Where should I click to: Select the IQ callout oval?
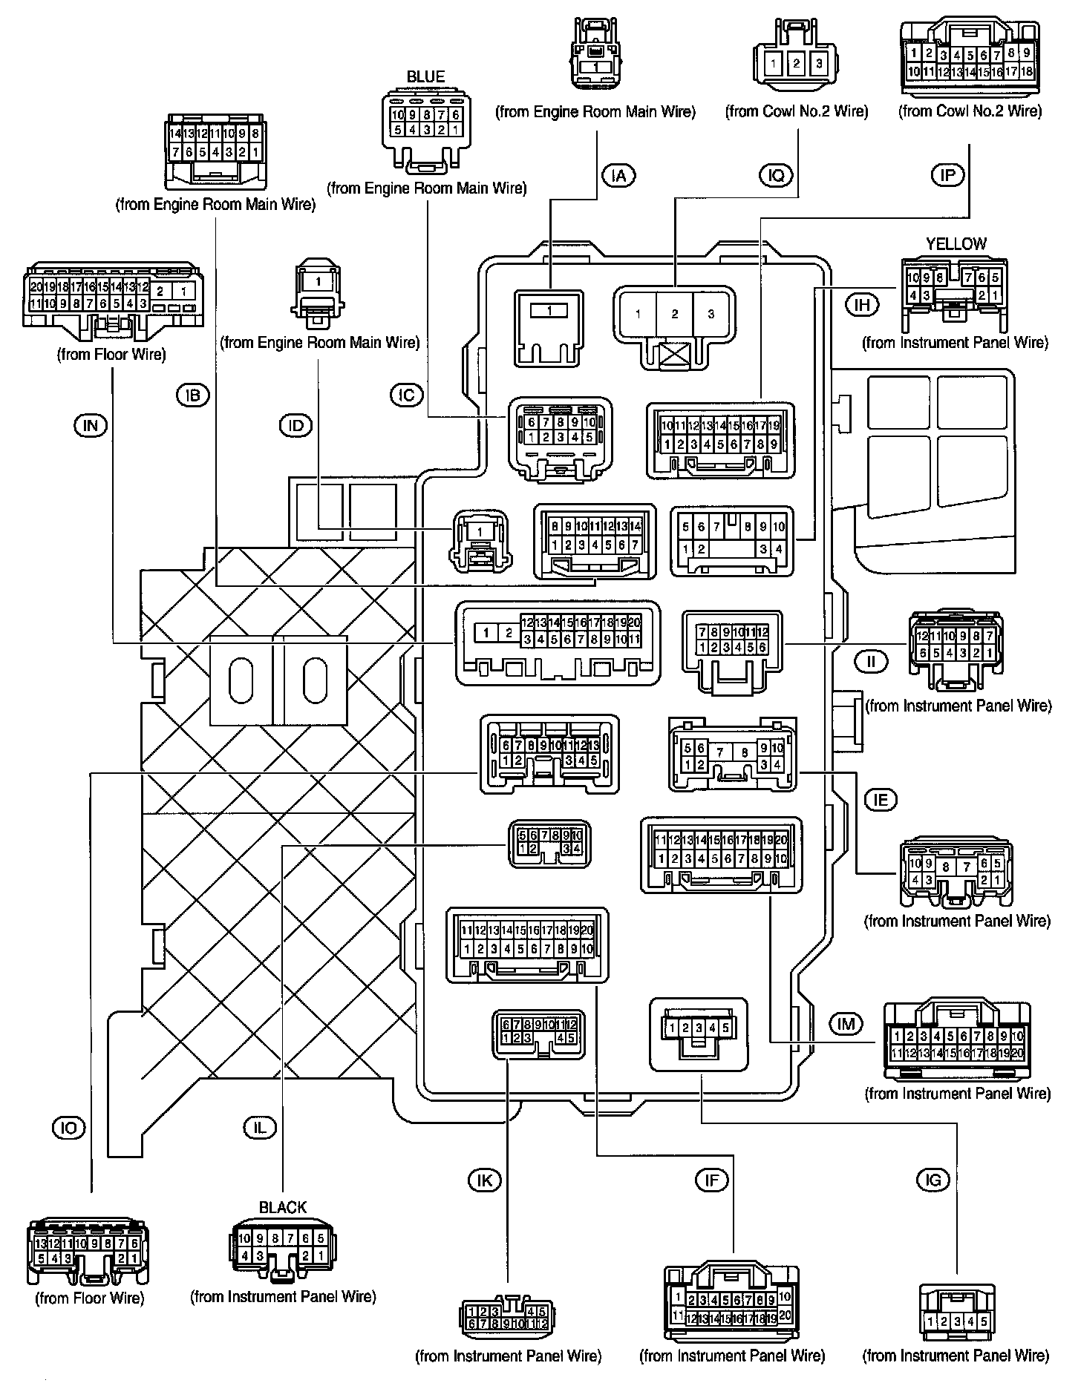pyautogui.click(x=777, y=176)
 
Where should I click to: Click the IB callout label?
pyautogui.click(x=193, y=395)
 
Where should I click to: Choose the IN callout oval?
pyautogui.click(x=91, y=425)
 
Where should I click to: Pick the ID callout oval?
pyautogui.click(x=295, y=425)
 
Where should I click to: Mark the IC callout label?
pyautogui.click(x=406, y=395)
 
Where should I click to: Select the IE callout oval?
pyautogui.click(x=881, y=799)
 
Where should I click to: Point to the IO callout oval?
pyautogui.click(x=69, y=1129)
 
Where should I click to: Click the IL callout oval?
pyautogui.click(x=260, y=1129)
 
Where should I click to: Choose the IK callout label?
pyautogui.click(x=485, y=1180)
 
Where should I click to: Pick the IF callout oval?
pyautogui.click(x=711, y=1180)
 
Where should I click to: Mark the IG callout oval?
pyautogui.click(x=933, y=1180)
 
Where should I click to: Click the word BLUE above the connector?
pyautogui.click(x=425, y=77)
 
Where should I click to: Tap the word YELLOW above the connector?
pyautogui.click(x=956, y=244)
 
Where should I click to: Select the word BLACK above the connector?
pyautogui.click(x=283, y=1207)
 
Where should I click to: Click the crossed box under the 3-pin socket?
pyautogui.click(x=675, y=353)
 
